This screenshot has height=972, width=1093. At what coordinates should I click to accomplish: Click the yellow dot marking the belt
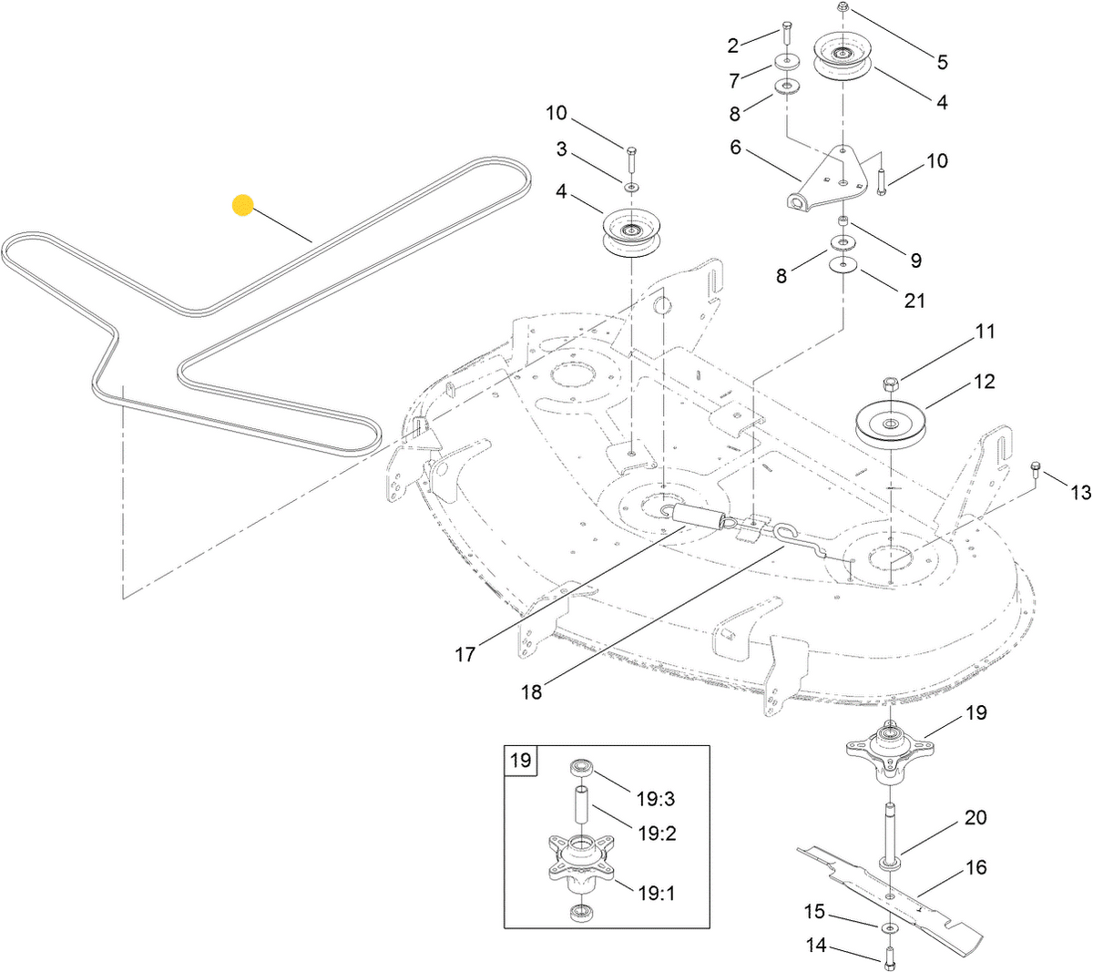coord(242,204)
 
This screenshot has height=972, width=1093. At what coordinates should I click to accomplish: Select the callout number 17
coord(465,654)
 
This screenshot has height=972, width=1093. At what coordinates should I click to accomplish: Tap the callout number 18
coord(531,691)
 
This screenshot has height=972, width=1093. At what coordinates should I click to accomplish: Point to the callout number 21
coord(914,300)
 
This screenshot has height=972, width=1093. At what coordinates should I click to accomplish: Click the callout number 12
coord(984,382)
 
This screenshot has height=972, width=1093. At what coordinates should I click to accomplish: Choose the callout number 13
coord(1080,492)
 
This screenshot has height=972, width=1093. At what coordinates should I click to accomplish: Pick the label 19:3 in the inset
coord(656,799)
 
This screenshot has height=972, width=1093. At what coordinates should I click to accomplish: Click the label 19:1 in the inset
coord(656,894)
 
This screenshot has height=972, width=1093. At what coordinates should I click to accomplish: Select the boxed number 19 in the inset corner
coord(520,759)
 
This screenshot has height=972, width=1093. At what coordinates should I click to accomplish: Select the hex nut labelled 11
coord(891,382)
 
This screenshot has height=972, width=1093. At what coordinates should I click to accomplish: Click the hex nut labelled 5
coord(842,7)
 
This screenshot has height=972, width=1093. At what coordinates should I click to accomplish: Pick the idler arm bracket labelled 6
coord(824,182)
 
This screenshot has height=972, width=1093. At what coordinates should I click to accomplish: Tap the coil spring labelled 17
coord(700,517)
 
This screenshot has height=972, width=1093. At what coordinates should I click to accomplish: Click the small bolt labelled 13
coord(1036,469)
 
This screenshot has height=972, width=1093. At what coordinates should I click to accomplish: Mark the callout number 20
coord(976,817)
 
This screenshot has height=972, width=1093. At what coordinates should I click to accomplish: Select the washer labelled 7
coord(783,64)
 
